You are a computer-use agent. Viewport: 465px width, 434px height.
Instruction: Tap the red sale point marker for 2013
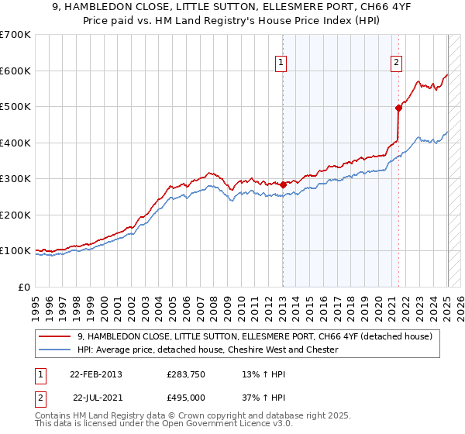283,184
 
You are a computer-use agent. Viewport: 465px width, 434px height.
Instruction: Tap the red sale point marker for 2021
398,108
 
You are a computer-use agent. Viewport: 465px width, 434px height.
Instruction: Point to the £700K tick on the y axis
15,35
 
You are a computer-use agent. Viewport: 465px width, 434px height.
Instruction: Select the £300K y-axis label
15,179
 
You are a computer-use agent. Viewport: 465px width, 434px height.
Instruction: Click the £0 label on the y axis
23,287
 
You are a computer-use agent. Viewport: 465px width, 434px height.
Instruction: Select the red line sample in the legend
56,336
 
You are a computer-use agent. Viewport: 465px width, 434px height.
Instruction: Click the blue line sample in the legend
56,350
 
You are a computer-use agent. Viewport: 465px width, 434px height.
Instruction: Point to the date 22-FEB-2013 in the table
95,374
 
